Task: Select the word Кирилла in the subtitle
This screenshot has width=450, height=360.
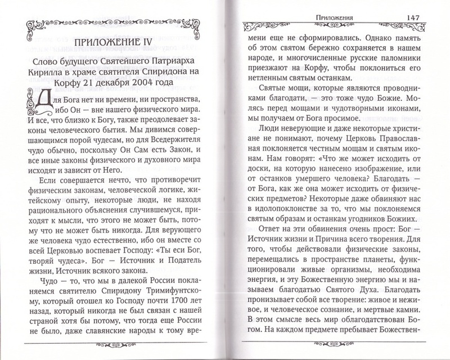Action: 51,70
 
